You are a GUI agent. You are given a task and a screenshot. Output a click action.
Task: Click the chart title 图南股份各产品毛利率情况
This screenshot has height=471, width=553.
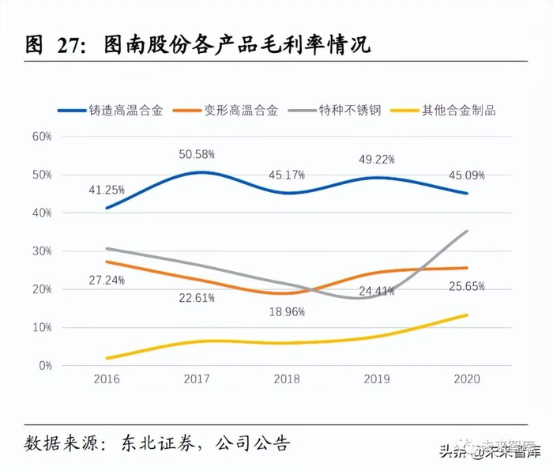click(237, 46)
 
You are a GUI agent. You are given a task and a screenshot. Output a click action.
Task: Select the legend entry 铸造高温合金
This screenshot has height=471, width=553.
click(126, 111)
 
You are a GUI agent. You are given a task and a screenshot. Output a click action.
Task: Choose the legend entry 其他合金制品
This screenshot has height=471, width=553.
click(460, 111)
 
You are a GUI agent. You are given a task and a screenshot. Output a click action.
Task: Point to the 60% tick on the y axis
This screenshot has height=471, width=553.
click(42, 136)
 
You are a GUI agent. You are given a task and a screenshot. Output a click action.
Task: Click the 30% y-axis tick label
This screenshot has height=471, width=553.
click(42, 251)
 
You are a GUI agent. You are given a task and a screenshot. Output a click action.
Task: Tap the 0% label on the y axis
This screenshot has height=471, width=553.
click(44, 366)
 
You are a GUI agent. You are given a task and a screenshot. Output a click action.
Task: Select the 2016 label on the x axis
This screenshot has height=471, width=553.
click(107, 379)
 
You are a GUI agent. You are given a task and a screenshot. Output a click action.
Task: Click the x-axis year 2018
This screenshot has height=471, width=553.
click(286, 379)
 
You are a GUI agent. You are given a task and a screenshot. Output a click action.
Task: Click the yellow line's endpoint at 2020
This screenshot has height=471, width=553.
click(466, 315)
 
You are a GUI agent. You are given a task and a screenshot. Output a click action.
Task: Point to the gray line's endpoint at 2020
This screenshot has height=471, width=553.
click(466, 231)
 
